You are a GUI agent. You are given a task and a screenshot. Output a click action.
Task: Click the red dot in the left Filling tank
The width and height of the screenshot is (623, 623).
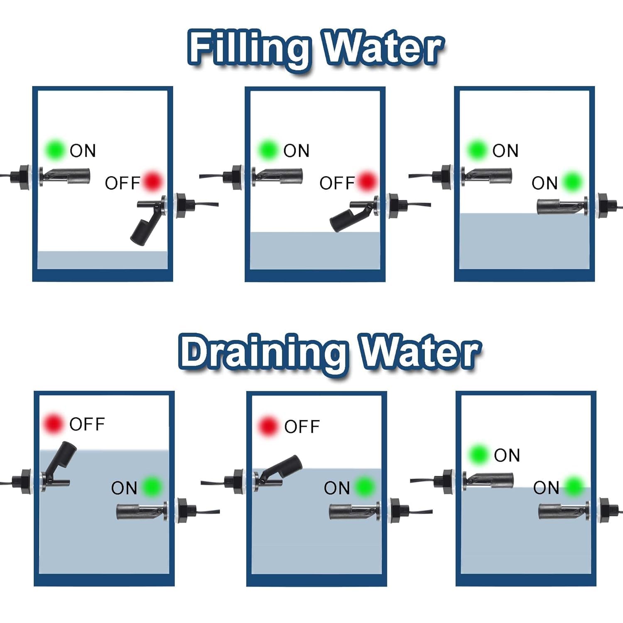point(152,181)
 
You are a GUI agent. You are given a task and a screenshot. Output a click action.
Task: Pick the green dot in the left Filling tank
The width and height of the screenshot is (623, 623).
point(55,150)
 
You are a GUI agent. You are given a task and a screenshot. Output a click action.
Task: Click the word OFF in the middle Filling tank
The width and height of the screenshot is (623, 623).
point(337,183)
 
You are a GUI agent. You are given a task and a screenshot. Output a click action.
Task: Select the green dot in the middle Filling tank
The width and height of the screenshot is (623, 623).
point(268,150)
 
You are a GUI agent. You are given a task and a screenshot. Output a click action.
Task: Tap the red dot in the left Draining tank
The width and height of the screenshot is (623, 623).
point(53,424)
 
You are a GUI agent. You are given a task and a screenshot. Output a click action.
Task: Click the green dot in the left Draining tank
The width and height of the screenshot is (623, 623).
point(152,486)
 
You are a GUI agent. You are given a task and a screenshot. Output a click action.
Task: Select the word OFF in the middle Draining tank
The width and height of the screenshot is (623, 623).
point(302,427)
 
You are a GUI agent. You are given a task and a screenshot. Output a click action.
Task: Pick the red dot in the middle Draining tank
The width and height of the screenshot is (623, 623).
point(268,426)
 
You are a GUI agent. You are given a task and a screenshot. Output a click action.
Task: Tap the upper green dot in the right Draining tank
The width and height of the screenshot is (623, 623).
point(478,454)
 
